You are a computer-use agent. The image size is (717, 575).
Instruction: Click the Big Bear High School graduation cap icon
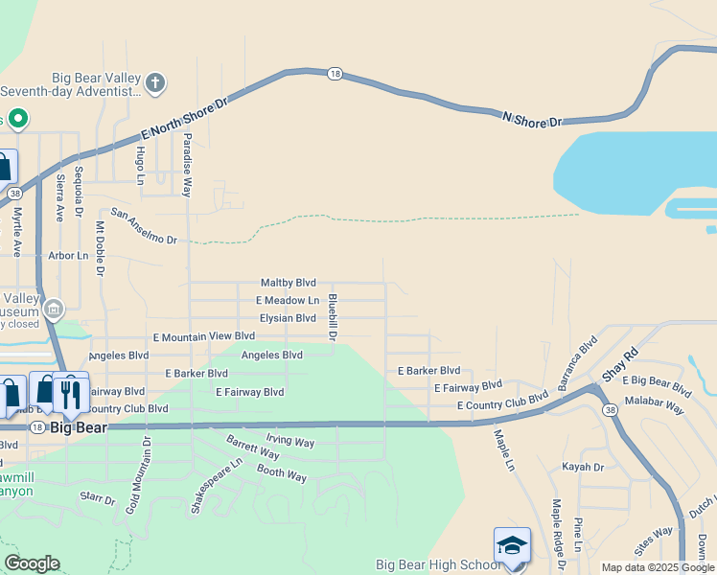[512, 545]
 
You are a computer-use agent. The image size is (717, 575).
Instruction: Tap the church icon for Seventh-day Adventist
[156, 84]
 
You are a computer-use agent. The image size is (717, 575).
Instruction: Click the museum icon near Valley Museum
[54, 310]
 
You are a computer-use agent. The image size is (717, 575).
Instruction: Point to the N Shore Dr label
[532, 119]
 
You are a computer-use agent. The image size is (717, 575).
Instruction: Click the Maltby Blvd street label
[288, 283]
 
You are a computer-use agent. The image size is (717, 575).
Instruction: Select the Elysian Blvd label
[286, 318]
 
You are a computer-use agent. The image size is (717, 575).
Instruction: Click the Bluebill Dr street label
[332, 315]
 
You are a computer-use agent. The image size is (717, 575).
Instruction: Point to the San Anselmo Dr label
[144, 225]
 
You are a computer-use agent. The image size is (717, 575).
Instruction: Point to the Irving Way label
[289, 442]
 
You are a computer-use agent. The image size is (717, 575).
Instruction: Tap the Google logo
[32, 563]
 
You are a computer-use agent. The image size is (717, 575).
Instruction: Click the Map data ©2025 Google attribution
[658, 567]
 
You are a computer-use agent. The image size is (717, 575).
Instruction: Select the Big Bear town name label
[79, 426]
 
